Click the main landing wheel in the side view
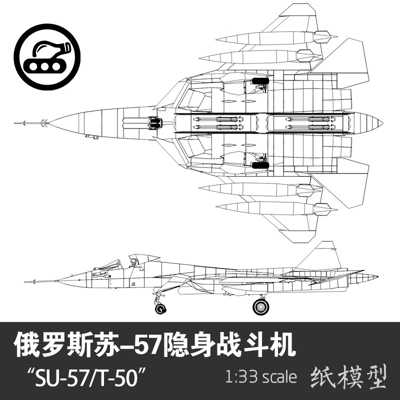point(260,306)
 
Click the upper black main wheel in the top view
point(260,80)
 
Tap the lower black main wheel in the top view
point(260,164)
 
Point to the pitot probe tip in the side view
point(26,281)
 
